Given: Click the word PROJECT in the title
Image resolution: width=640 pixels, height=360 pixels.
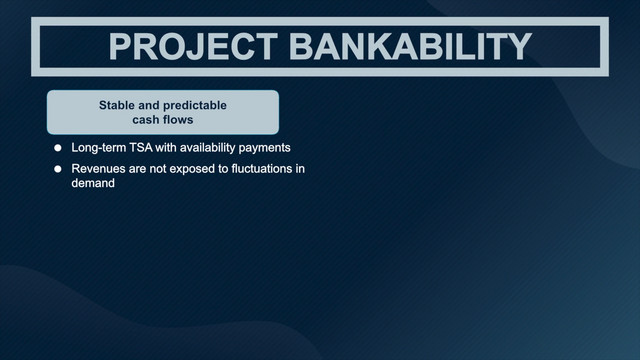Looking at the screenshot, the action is click(193, 47).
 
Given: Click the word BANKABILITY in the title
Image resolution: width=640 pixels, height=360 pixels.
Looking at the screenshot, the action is click(410, 47).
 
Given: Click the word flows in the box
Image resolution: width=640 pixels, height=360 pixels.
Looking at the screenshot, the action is click(178, 120).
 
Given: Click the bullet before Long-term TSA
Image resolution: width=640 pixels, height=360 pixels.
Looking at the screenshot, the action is click(58, 148).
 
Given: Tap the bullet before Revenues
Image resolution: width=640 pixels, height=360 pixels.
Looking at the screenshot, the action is click(58, 169).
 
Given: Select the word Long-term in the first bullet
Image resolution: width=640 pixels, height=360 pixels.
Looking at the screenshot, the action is click(99, 148).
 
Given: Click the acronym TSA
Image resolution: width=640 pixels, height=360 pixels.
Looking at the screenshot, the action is click(141, 148).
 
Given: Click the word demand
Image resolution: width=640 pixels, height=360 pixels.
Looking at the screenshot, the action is click(93, 183).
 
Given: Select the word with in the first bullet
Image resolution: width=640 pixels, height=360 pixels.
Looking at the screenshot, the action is click(166, 148).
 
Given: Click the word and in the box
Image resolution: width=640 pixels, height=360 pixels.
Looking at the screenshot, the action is click(148, 105).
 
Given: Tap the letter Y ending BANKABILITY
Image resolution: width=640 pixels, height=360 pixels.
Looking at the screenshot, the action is click(519, 47).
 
